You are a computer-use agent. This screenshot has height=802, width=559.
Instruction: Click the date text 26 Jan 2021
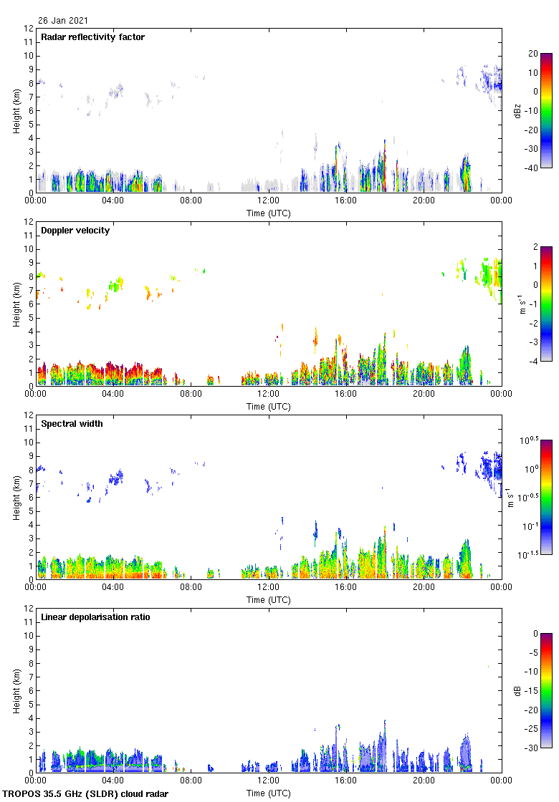[64, 21]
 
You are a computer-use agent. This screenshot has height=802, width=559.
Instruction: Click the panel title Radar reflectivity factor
[92, 37]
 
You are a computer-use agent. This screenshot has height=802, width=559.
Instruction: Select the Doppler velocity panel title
[75, 231]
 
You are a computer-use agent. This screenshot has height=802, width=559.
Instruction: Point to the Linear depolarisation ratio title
[95, 617]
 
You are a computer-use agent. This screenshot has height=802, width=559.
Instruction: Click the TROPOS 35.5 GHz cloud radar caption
[86, 794]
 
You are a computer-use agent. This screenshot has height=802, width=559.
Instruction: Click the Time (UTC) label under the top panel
[269, 213]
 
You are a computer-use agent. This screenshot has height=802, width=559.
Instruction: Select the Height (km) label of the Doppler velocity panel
[16, 304]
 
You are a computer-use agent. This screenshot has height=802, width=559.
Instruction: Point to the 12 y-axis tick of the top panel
[29, 29]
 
